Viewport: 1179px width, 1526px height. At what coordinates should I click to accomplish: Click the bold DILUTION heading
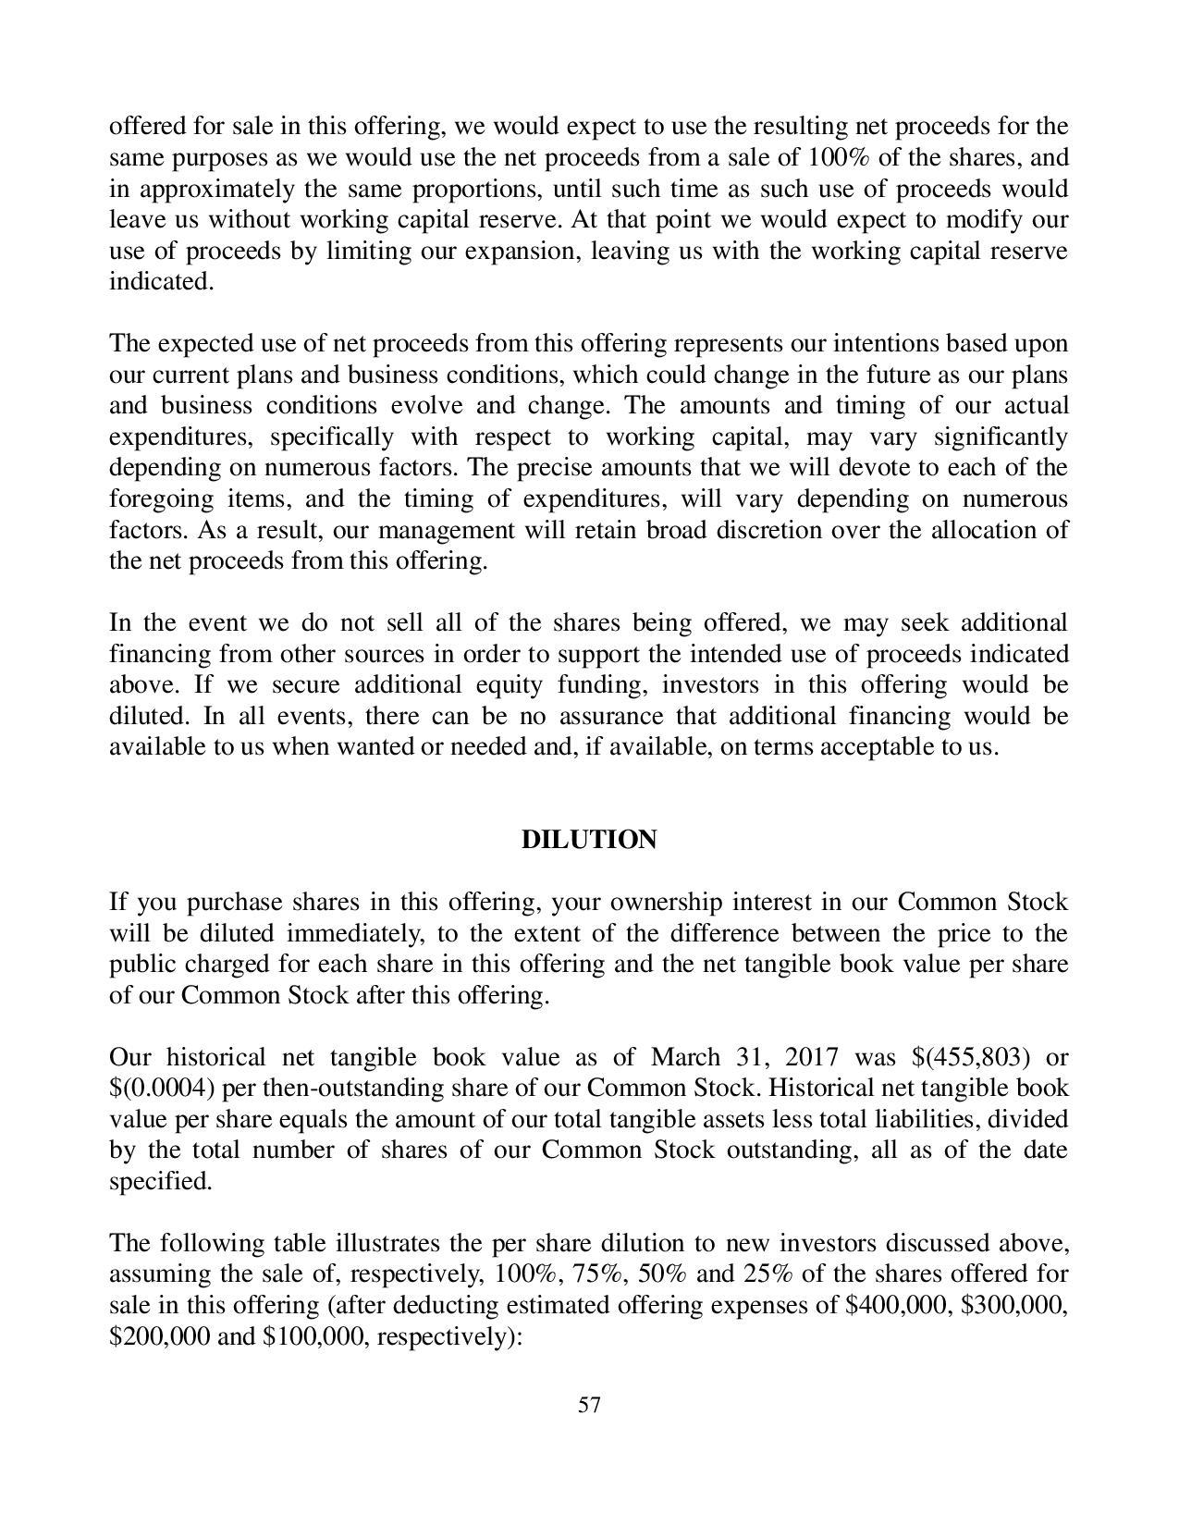(589, 840)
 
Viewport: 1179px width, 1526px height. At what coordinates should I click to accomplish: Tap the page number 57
(589, 1406)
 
